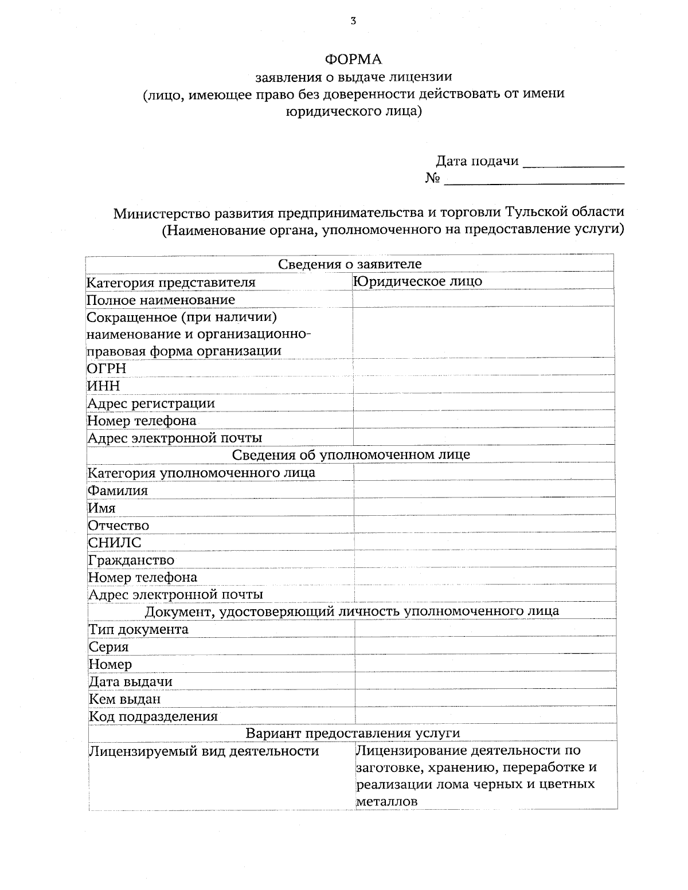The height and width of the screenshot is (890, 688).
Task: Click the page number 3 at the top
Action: (x=353, y=22)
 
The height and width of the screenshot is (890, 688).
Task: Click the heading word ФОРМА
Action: (x=353, y=60)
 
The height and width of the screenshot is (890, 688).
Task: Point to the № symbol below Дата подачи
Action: (x=433, y=179)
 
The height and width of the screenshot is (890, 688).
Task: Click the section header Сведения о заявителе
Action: (x=350, y=264)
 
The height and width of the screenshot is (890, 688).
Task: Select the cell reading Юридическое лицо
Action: (x=418, y=281)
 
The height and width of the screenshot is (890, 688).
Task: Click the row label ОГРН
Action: (x=107, y=368)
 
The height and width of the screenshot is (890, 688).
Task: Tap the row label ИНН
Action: (x=104, y=386)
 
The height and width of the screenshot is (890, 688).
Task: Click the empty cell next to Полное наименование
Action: (x=483, y=299)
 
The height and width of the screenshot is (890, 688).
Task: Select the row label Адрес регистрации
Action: (x=151, y=403)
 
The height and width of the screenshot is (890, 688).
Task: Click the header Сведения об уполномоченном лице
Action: (x=351, y=455)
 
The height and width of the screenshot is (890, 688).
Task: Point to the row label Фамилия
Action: (x=118, y=491)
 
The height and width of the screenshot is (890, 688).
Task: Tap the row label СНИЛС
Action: (x=115, y=543)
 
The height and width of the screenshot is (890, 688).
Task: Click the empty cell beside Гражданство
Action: (x=485, y=560)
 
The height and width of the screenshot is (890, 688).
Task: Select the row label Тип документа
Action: (x=138, y=629)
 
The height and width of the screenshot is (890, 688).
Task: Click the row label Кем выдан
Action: (x=124, y=699)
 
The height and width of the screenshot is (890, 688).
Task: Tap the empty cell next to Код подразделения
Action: (x=486, y=716)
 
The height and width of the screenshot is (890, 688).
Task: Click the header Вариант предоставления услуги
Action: (x=353, y=733)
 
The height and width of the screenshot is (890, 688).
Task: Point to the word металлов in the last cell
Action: (x=386, y=801)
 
